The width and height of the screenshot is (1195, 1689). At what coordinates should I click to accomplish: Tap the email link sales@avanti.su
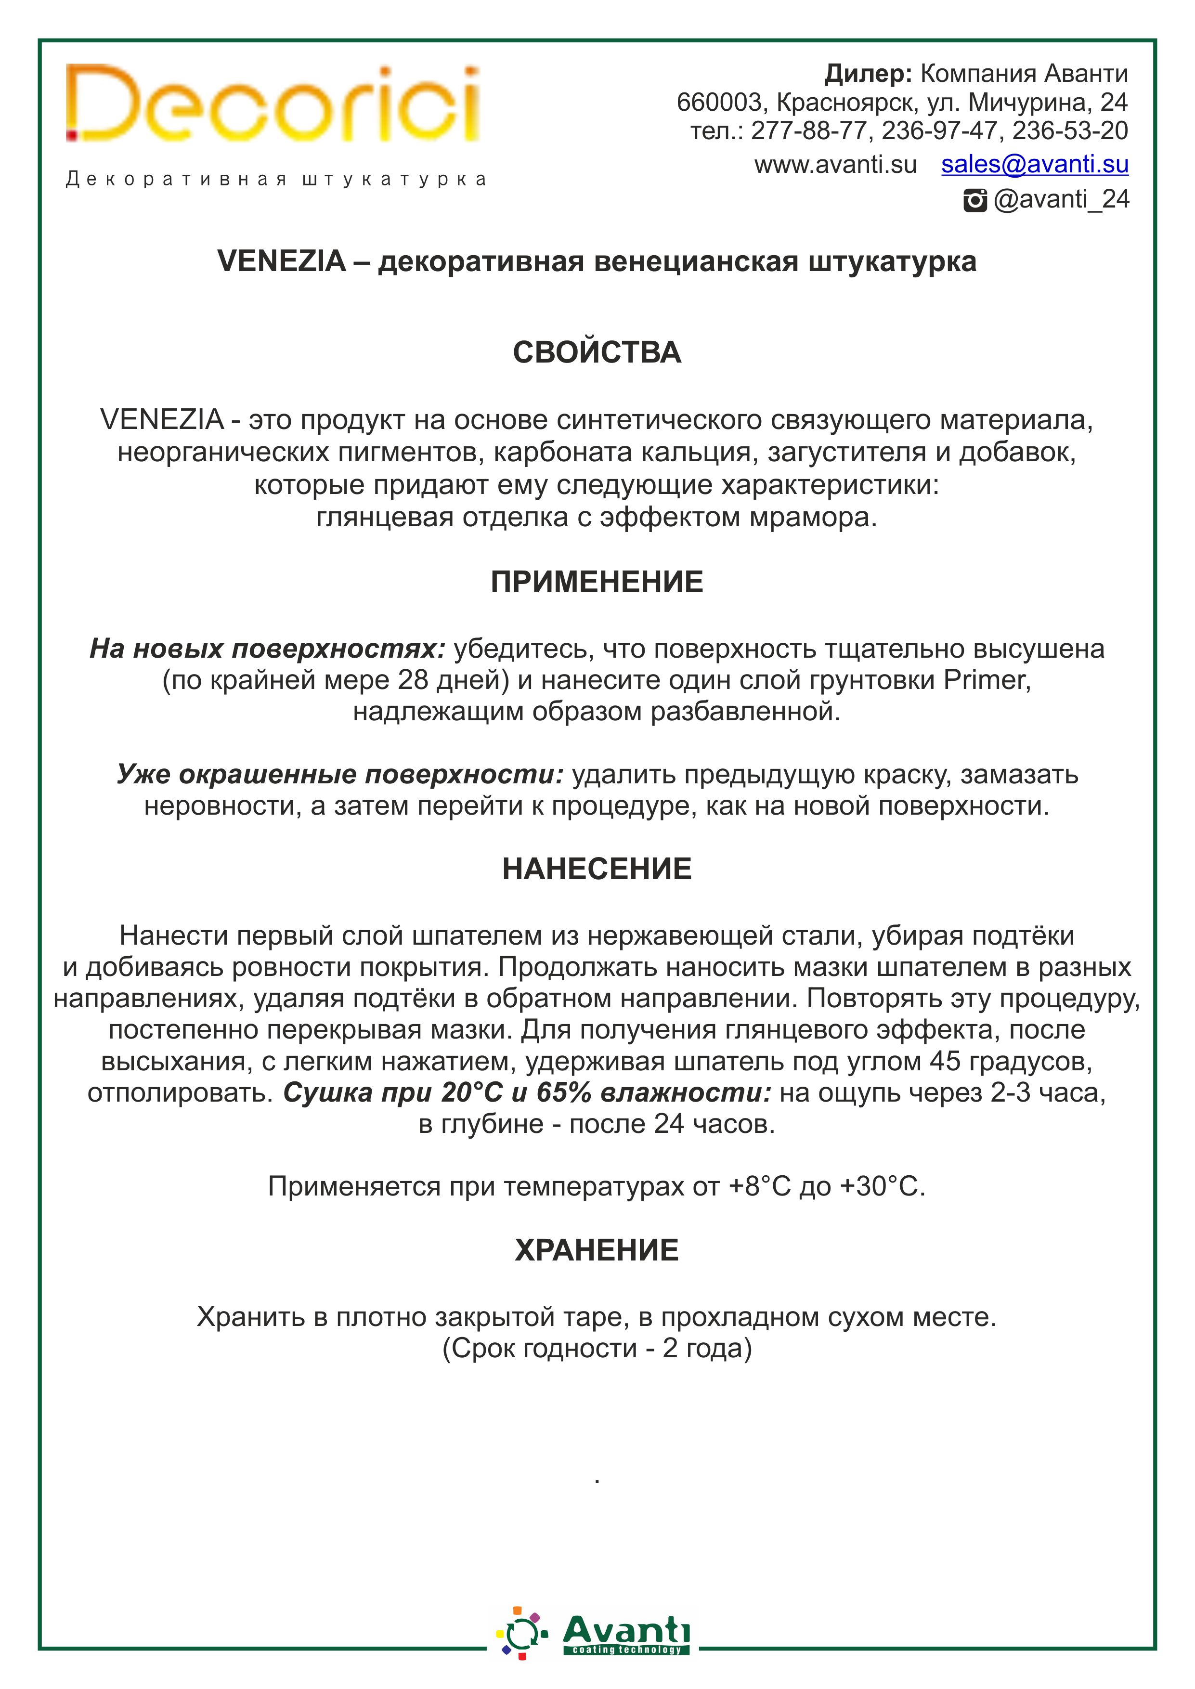(1035, 164)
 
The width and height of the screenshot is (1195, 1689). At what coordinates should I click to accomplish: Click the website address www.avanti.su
(835, 165)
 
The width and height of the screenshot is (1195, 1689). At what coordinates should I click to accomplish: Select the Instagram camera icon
(974, 200)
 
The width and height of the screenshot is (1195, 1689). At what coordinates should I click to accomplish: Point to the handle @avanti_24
(1061, 199)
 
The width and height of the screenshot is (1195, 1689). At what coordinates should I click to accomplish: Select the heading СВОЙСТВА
(597, 352)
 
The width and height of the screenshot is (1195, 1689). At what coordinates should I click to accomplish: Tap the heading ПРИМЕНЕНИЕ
(597, 582)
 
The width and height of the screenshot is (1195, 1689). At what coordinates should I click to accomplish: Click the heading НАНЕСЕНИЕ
(597, 869)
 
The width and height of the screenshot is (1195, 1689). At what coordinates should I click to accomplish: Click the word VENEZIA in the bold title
(281, 261)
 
